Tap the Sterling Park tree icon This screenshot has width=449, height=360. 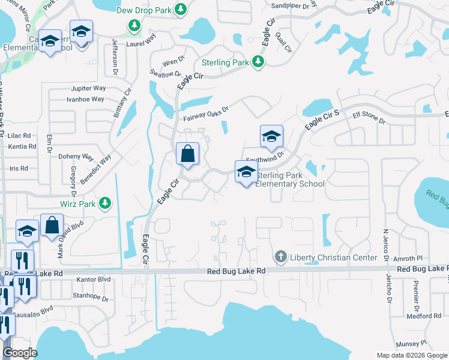pos(258,62)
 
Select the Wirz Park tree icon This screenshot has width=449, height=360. pos(105,203)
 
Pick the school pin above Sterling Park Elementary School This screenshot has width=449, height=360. pos(246,172)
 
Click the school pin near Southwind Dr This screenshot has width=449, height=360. pos(271,136)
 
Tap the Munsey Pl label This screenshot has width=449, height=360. pos(414,343)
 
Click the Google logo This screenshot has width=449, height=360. pos(20,353)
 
